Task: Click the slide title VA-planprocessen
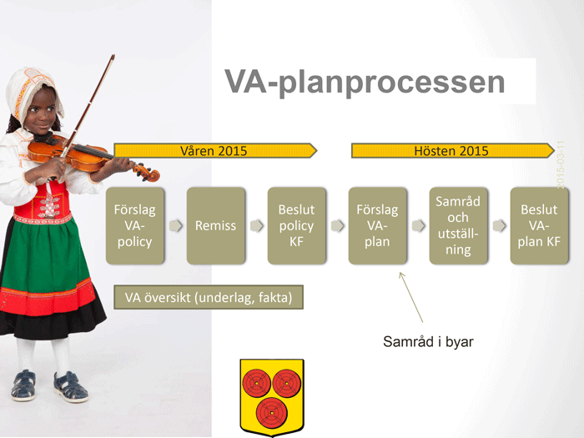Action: [365, 83]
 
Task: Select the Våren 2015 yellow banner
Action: [215, 150]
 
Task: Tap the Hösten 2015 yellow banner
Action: [453, 150]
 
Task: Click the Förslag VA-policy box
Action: [135, 226]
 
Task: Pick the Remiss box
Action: [215, 226]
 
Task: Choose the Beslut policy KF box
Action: [296, 226]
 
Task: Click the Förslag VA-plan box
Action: [377, 226]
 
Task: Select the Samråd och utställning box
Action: [458, 226]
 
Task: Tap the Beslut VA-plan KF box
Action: [539, 226]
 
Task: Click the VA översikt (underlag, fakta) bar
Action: [209, 297]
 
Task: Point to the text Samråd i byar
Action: [428, 341]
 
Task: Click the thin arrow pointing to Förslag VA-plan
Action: [411, 297]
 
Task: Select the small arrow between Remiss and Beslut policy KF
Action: [257, 225]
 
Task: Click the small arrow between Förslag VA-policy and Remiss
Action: [176, 225]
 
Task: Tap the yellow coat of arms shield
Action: [272, 397]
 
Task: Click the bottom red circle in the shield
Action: [271, 413]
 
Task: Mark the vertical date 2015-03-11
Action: [560, 164]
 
